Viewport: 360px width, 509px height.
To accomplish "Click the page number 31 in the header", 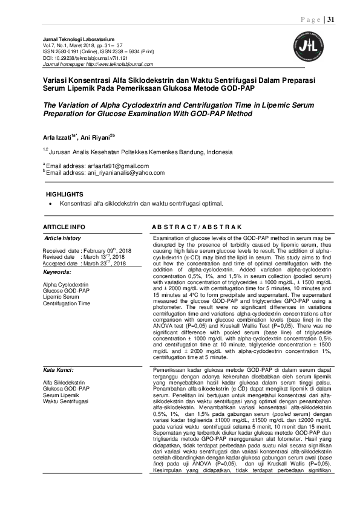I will coord(331,20).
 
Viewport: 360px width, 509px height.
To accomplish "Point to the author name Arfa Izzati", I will coord(57,136).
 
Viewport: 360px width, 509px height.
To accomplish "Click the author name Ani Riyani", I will coord(96,136).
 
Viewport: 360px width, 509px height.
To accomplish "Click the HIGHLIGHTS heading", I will coord(65,195).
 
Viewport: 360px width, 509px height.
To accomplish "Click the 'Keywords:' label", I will coord(57,271).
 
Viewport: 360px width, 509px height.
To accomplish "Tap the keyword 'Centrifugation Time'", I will coord(67,303).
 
